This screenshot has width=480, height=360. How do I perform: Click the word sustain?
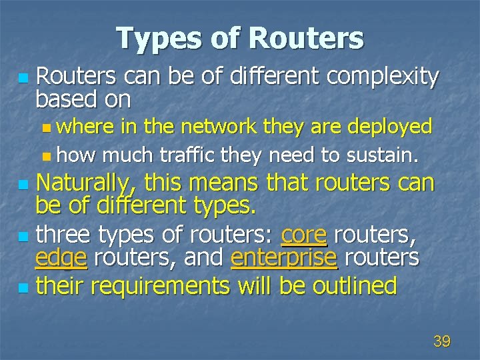point(381,156)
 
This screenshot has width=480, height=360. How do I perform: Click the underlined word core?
point(304,235)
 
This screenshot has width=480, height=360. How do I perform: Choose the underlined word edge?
point(61,257)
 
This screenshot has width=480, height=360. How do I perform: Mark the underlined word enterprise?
point(284,257)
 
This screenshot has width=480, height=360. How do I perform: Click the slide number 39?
point(441,342)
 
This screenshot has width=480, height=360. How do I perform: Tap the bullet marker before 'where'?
point(45,127)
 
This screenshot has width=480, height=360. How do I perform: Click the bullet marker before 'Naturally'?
point(24,184)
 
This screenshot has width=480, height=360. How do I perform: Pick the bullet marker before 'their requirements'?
point(24,288)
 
